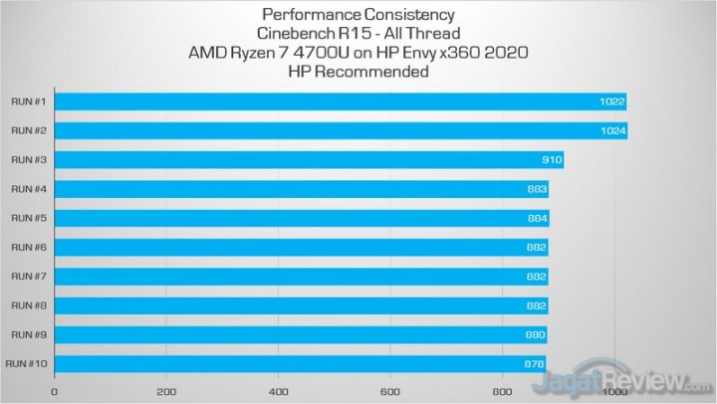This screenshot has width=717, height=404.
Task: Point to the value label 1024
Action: (610, 130)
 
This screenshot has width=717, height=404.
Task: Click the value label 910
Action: (550, 159)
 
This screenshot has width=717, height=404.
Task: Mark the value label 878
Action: (533, 364)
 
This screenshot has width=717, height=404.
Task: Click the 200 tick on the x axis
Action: (166, 391)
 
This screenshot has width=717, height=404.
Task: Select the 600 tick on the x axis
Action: (390, 391)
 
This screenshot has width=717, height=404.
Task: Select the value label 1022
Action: (610, 101)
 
